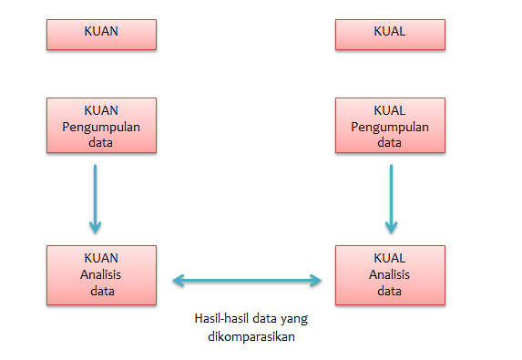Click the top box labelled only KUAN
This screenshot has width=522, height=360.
pos(101,35)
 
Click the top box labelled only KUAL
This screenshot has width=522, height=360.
pos(389,35)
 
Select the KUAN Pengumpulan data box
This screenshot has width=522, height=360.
pos(101,125)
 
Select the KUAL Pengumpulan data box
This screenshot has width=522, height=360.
pos(389,125)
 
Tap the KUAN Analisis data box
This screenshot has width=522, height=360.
pos(101,274)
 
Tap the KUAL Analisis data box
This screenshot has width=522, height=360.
pos(389,274)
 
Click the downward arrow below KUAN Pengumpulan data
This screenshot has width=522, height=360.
pos(96,197)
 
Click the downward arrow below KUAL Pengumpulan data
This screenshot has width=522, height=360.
pos(392,197)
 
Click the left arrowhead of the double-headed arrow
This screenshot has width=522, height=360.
pos(179,280)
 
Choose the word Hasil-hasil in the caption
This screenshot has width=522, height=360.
pos(217,319)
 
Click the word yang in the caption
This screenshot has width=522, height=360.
pos(290,319)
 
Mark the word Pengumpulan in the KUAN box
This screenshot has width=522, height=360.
pos(101,126)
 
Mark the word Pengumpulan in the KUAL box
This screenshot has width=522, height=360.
pos(389,126)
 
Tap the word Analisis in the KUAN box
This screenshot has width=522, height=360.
pos(101,274)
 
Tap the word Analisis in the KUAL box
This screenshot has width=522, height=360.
pos(389,274)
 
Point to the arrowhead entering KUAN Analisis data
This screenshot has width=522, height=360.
pos(96,226)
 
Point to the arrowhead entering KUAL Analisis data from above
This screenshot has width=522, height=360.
pos(392,226)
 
